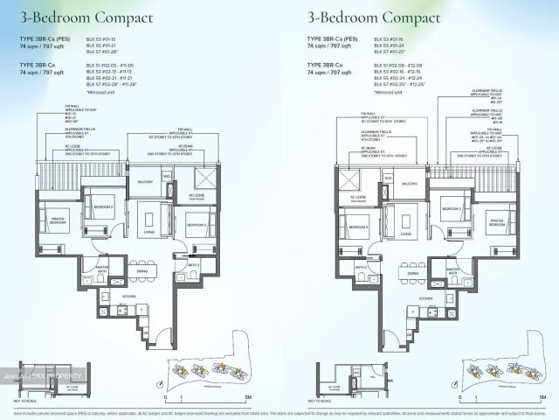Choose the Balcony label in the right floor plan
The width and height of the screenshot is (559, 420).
pos(409,185)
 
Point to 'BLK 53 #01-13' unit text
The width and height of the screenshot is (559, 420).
pos(101,39)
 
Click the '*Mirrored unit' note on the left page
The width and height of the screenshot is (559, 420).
pos(103,91)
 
